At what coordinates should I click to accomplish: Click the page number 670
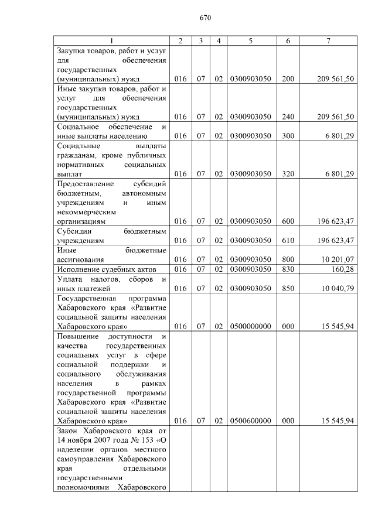(x=204, y=18)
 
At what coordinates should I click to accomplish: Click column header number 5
(x=250, y=40)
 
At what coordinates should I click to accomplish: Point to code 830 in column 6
(x=288, y=269)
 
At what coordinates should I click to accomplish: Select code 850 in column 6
(x=288, y=288)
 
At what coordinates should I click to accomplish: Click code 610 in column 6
(x=288, y=240)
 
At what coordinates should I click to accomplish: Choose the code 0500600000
(x=250, y=420)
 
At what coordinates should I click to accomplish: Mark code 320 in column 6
(x=288, y=173)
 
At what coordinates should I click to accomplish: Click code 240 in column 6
(x=288, y=117)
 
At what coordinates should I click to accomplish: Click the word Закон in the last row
(x=68, y=430)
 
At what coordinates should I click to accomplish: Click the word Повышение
(x=79, y=336)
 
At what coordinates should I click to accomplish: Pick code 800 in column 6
(x=288, y=259)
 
